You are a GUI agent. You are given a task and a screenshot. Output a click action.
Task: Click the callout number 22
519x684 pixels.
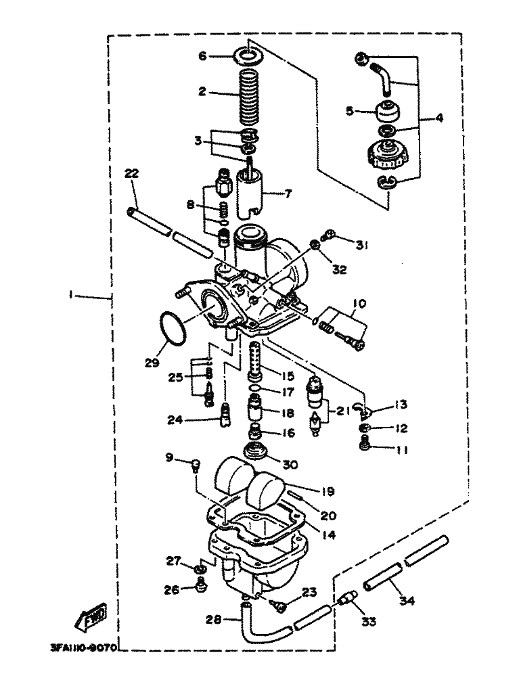pos(131,174)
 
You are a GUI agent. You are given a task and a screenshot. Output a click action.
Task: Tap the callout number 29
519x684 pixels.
pos(151,363)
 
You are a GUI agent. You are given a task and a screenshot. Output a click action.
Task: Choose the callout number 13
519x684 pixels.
pos(401,405)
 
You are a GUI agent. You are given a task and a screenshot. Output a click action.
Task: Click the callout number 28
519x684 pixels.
pos(212,618)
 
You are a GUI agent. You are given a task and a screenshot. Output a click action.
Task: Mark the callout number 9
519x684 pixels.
pos(170,458)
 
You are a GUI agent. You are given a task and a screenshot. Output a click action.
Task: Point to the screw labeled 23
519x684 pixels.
pos(279,606)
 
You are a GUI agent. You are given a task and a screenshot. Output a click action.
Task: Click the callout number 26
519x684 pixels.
pos(172,589)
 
